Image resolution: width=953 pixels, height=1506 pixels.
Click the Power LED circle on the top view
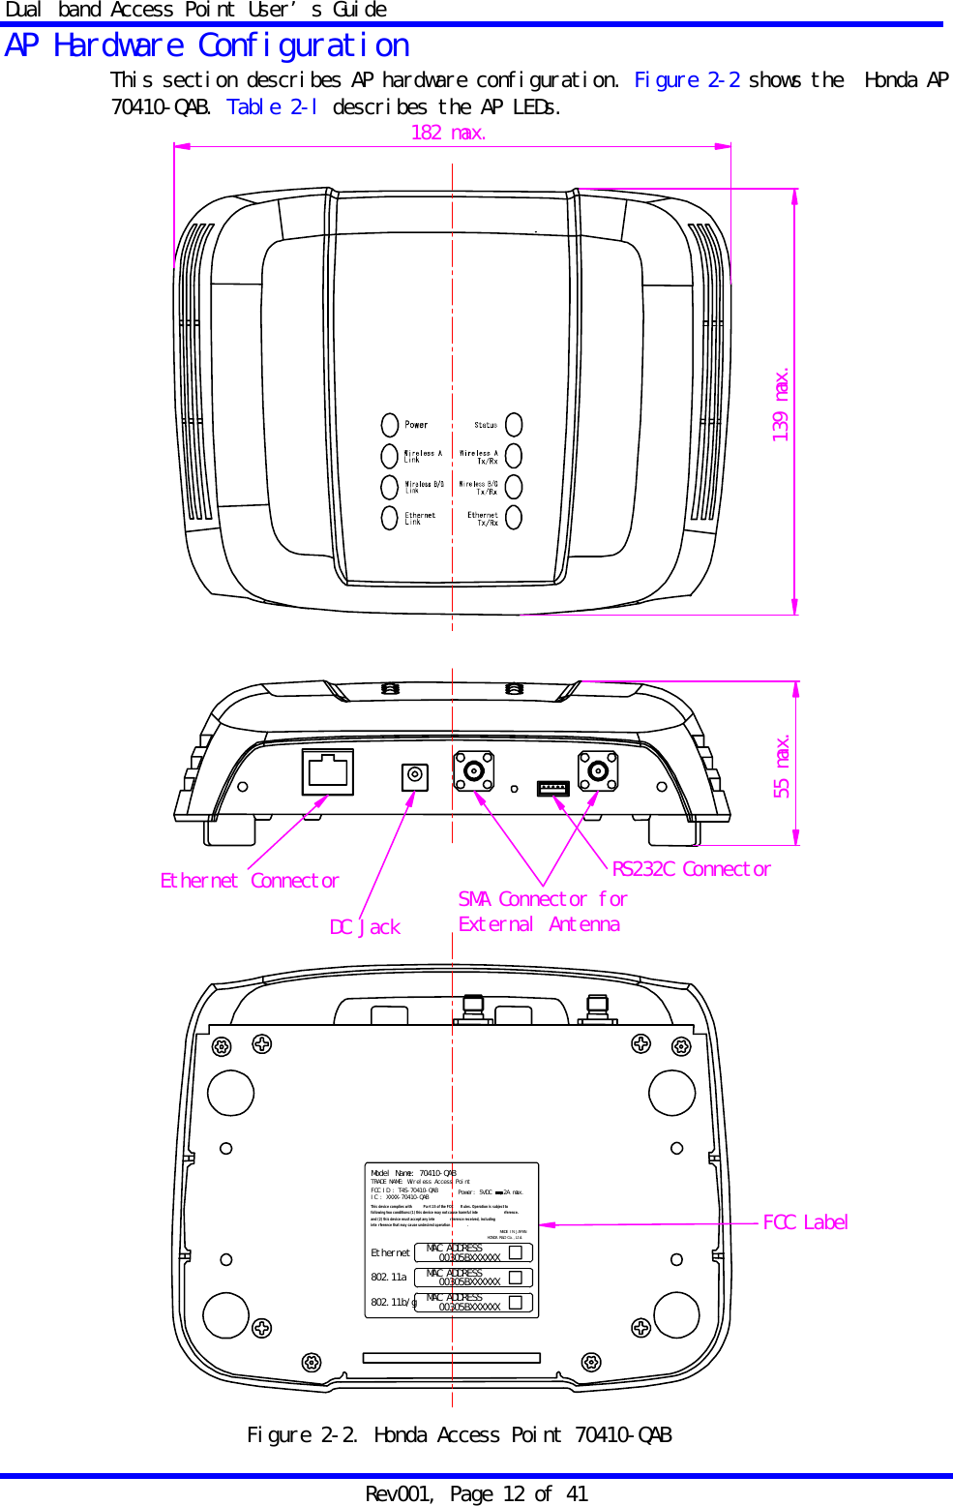coord(390,425)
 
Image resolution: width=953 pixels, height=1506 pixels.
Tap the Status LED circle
coord(514,425)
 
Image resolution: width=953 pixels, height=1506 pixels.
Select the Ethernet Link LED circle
coord(390,518)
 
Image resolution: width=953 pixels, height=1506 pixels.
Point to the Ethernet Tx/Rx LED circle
coord(514,518)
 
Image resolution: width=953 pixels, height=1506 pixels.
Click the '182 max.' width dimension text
coord(448,133)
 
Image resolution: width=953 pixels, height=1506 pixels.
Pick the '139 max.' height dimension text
coord(781,405)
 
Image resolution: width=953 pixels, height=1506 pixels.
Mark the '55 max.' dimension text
coord(782,767)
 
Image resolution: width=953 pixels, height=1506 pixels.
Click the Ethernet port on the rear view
coord(328,771)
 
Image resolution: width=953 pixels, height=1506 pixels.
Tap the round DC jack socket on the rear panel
coord(415,775)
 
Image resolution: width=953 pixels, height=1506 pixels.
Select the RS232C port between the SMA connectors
coord(553,788)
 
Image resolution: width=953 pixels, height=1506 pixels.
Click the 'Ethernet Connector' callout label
coord(250,881)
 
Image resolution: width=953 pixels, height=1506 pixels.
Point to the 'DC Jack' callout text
coord(365,927)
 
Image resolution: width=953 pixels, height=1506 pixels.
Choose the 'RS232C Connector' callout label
coord(691,869)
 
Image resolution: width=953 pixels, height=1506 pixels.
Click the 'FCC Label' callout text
coord(805,1222)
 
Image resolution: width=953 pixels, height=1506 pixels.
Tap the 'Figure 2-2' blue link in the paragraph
coord(687,80)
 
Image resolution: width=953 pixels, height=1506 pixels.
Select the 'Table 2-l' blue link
coord(272,107)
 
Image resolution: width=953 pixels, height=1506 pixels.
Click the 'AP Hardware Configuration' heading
coord(207,45)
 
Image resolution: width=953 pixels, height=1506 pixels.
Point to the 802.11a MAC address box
coord(473,1278)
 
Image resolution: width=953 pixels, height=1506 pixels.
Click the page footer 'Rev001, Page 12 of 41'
coord(476,1493)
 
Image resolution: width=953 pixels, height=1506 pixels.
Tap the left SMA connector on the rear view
coord(475,771)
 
